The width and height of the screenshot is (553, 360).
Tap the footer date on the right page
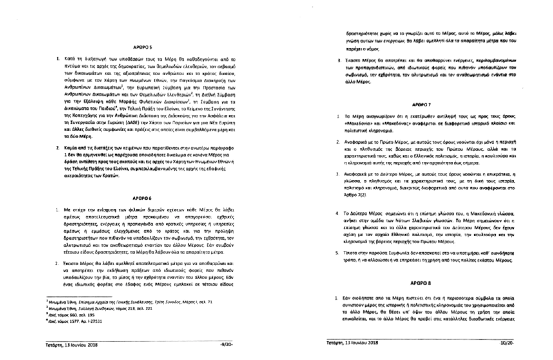pos(352,343)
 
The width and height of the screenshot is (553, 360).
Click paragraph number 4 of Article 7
pos(337,213)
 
